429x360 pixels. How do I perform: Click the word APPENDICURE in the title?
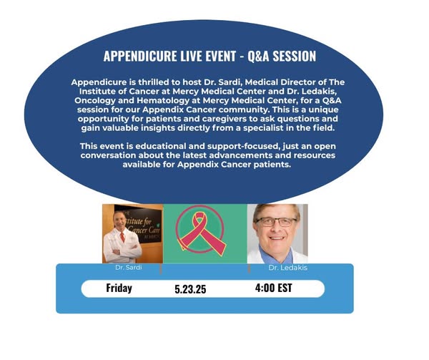pos(140,56)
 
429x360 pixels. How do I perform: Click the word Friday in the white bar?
pos(119,288)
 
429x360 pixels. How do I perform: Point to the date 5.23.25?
pos(190,289)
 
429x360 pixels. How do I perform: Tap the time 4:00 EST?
pos(274,288)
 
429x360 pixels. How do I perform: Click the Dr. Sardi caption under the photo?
pos(129,267)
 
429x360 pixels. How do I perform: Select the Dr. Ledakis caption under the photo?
pos(288,268)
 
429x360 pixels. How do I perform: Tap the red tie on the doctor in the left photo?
pos(122,237)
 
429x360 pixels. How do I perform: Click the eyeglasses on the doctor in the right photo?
pos(276,221)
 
